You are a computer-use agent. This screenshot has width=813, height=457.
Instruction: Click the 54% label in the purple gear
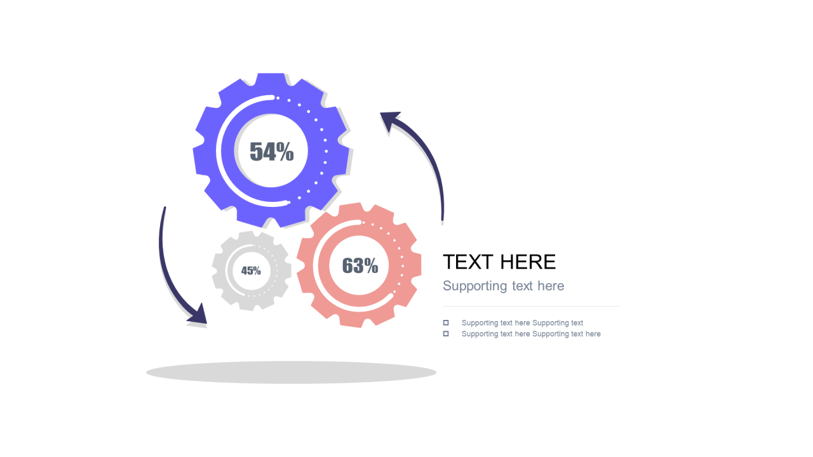(x=271, y=151)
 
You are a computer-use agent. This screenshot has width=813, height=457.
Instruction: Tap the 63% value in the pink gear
(x=360, y=265)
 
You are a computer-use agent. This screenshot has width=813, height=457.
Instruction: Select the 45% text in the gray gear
(x=251, y=270)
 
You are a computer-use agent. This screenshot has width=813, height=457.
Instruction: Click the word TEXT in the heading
(x=468, y=262)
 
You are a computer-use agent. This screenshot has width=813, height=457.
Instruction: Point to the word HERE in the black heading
(x=528, y=262)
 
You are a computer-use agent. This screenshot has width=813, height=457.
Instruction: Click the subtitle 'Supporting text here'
(x=504, y=286)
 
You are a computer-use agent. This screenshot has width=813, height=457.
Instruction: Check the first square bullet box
(x=446, y=322)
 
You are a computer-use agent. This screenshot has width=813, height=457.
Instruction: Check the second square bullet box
(x=446, y=333)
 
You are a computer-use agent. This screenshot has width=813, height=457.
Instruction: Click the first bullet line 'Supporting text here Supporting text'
(x=522, y=323)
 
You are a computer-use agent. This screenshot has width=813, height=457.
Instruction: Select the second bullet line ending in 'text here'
(x=531, y=334)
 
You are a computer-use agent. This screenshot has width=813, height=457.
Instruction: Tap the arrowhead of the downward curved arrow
(x=199, y=315)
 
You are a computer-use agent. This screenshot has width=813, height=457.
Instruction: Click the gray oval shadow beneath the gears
(x=291, y=372)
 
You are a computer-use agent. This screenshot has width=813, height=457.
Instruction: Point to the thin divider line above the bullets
(x=531, y=306)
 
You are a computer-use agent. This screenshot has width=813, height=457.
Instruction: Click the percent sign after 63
(x=371, y=265)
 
